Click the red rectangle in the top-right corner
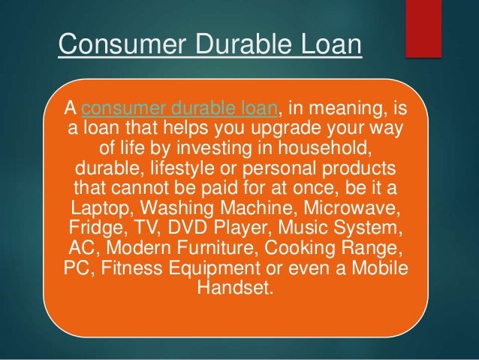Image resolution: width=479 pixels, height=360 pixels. coord(421,27)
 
